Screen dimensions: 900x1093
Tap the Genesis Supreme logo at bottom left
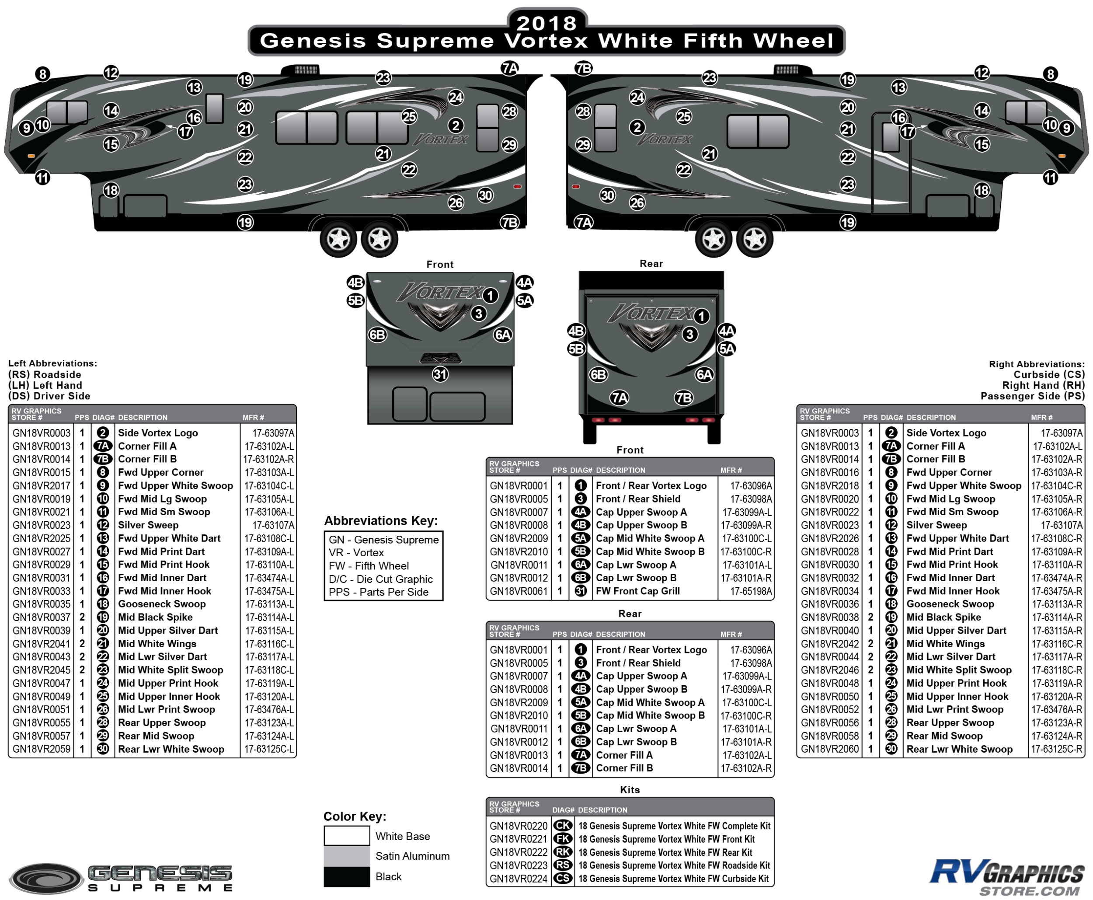coord(122,878)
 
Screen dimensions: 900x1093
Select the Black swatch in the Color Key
coord(346,876)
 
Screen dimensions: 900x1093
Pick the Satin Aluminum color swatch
coord(346,856)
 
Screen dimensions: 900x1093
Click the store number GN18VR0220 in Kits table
coord(518,826)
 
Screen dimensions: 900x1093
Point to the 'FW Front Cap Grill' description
coord(637,591)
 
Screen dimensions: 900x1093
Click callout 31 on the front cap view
coord(440,374)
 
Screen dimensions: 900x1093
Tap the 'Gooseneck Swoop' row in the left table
coord(162,604)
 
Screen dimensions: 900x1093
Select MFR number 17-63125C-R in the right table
coord(1056,749)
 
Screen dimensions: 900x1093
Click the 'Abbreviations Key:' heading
coord(381,520)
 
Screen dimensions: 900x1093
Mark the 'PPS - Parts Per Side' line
coord(378,592)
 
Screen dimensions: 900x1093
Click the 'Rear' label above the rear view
coord(651,263)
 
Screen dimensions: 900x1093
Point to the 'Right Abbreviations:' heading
coord(1037,364)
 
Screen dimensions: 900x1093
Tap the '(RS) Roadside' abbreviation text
coord(45,374)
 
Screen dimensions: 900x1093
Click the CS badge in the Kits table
coord(563,879)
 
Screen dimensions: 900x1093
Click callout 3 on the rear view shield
coord(689,335)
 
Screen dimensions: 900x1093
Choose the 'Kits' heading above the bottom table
coord(630,789)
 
